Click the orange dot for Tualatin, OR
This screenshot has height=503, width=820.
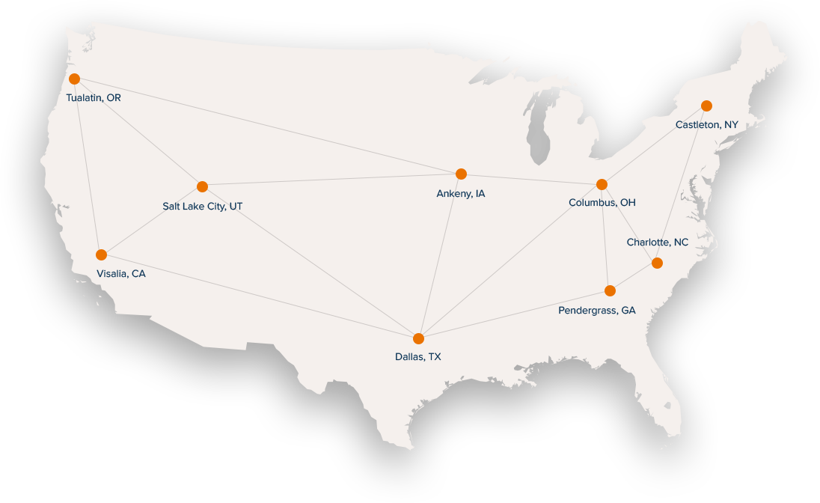pyautogui.click(x=74, y=79)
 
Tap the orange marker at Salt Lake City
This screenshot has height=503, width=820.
pyautogui.click(x=202, y=186)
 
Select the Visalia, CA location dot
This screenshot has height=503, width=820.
pyautogui.click(x=101, y=254)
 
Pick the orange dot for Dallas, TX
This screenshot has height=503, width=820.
pyautogui.click(x=418, y=338)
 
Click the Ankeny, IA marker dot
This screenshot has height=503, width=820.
pyautogui.click(x=461, y=174)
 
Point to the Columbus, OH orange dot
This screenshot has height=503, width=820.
pyautogui.click(x=602, y=184)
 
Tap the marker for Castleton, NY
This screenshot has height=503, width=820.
pyautogui.click(x=706, y=106)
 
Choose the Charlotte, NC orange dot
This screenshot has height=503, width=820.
pyautogui.click(x=657, y=263)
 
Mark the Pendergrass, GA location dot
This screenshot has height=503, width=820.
pyautogui.click(x=610, y=290)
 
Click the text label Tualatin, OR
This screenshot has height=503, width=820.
pyautogui.click(x=94, y=98)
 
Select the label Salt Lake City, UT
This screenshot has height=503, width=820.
pyautogui.click(x=202, y=206)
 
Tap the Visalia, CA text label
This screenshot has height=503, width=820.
pyautogui.click(x=121, y=274)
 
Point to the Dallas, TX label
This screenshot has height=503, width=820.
pyautogui.click(x=418, y=357)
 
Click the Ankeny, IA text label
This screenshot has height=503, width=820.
pyautogui.click(x=461, y=194)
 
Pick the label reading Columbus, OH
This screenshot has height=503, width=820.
pyautogui.click(x=602, y=203)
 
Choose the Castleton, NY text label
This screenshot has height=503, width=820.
pyautogui.click(x=706, y=125)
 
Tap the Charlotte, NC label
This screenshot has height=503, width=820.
pyautogui.click(x=657, y=243)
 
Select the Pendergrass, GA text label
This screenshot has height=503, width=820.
pyautogui.click(x=597, y=310)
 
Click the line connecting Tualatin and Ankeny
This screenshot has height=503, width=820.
pyautogui.click(x=267, y=126)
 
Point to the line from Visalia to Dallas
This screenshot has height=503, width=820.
pyautogui.click(x=260, y=296)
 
